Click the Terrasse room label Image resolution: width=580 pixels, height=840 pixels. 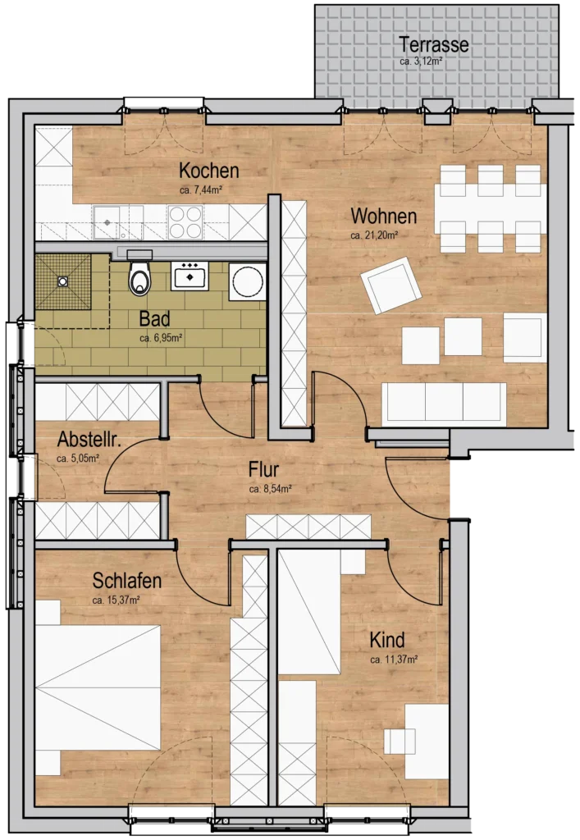coord(433,44)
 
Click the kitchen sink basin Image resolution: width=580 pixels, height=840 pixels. coord(107,220)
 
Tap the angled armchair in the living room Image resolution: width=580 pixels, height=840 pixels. coord(391,285)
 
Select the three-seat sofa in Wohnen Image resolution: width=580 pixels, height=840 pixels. coord(442,403)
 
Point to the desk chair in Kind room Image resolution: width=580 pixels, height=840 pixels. coord(400,741)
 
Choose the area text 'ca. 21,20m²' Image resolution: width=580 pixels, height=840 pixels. coord(374,235)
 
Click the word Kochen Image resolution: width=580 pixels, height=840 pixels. coord(209,171)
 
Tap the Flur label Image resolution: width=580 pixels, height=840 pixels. coord(264,470)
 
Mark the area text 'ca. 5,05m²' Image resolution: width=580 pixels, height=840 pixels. coord(78,459)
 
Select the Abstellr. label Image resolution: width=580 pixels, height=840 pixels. coord(89,441)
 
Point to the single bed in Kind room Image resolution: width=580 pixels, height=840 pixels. coord(309,611)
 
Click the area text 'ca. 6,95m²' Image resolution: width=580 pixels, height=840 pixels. coord(160,337)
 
